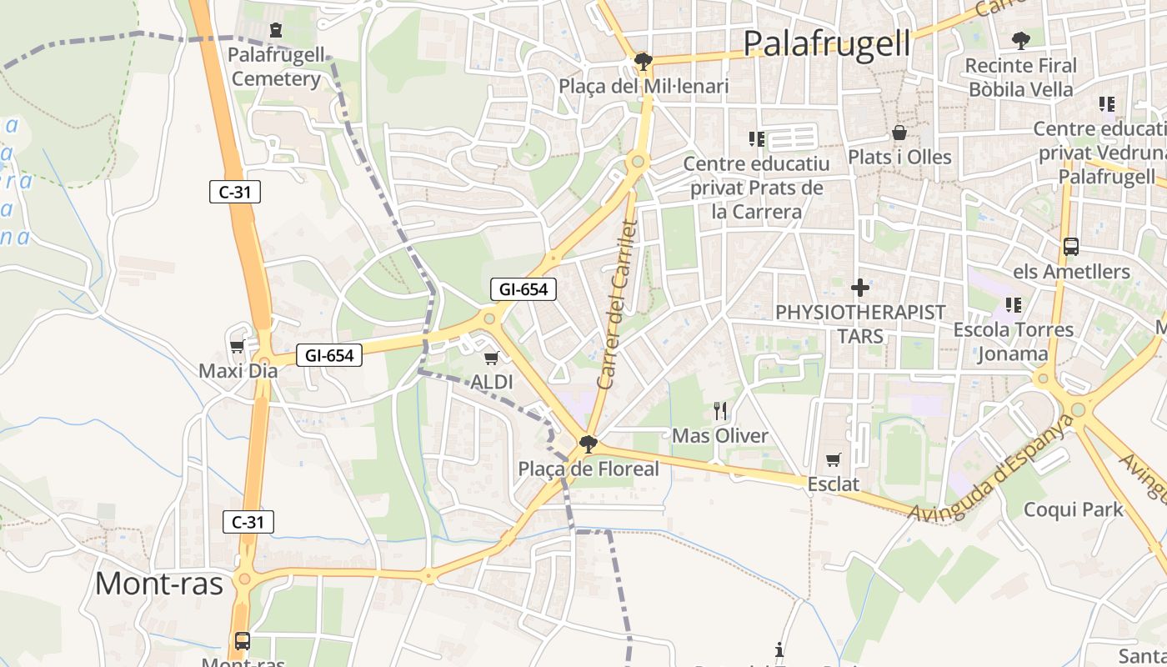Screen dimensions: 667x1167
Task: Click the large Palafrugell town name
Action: (826, 43)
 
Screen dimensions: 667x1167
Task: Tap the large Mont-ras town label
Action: (159, 583)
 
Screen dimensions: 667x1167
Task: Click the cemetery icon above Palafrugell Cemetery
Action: (276, 31)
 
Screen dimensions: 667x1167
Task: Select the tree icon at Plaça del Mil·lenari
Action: (642, 61)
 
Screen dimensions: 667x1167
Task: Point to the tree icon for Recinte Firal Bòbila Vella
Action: (1020, 40)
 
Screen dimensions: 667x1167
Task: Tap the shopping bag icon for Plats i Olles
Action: (899, 133)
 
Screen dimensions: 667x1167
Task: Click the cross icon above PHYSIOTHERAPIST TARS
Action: (860, 288)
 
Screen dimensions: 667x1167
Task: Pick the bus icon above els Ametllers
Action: (1071, 247)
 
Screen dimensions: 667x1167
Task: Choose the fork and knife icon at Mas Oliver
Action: (720, 410)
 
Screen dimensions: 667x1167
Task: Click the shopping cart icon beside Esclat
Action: (833, 459)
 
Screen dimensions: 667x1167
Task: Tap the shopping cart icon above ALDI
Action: (491, 358)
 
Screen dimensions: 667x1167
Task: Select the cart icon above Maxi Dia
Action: (237, 345)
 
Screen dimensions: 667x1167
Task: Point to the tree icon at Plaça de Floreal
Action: (589, 444)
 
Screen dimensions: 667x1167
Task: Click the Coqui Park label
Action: (1074, 509)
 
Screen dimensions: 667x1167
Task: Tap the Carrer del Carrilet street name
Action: (618, 304)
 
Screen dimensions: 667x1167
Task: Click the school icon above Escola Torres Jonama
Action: (1014, 304)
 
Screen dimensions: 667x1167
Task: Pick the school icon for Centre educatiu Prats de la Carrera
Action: (756, 138)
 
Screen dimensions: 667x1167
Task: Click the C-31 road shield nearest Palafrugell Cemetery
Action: (235, 192)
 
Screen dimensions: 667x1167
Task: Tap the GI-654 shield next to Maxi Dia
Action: (329, 355)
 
